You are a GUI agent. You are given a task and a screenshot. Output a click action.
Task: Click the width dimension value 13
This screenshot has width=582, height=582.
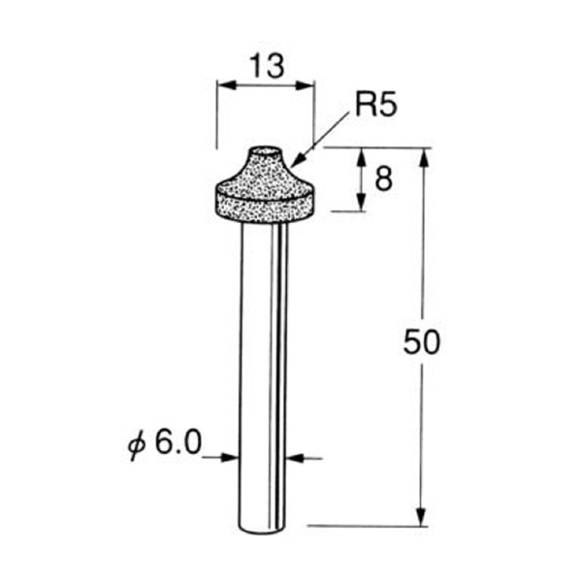pyautogui.click(x=265, y=66)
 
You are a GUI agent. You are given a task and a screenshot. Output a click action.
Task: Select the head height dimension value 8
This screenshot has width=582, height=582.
pyautogui.click(x=383, y=179)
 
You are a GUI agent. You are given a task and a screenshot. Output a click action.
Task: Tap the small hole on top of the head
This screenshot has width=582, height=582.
pyautogui.click(x=264, y=152)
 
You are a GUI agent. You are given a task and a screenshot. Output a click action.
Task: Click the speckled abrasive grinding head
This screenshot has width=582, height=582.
pyautogui.click(x=264, y=194)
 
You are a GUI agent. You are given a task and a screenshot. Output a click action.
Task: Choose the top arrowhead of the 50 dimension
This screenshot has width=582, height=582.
pyautogui.click(x=423, y=156)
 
